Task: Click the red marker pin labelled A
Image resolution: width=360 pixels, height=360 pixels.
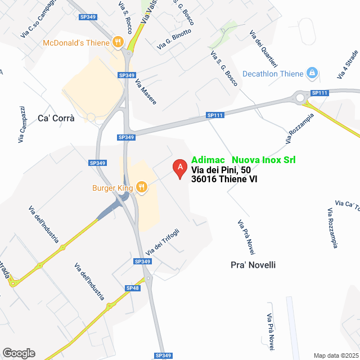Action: (179, 168)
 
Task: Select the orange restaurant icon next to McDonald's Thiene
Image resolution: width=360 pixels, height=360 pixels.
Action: (118, 41)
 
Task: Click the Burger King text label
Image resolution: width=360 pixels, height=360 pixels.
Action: (112, 188)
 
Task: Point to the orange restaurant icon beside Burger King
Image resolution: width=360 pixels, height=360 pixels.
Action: (141, 187)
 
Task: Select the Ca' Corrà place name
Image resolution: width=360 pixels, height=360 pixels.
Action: (56, 119)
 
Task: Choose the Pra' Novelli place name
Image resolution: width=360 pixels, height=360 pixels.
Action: (253, 265)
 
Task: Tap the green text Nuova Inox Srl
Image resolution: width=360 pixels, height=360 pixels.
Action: (264, 160)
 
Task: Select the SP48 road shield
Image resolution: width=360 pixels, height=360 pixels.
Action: (132, 288)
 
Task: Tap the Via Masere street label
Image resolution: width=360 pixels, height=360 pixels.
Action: (146, 92)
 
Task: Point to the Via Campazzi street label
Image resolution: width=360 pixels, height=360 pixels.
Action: (22, 123)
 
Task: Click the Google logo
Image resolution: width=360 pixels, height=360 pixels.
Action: (18, 353)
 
